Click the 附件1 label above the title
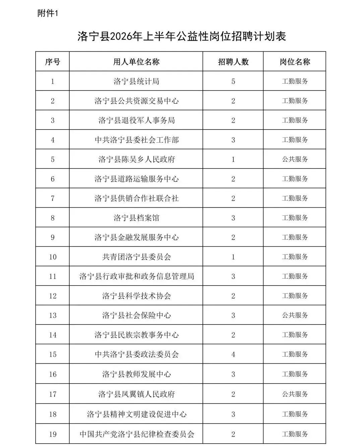(x=48, y=14)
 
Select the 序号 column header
(x=53, y=62)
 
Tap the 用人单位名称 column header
(x=136, y=62)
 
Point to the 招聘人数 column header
(x=233, y=62)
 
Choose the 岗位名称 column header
(x=295, y=62)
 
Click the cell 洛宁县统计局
(x=136, y=81)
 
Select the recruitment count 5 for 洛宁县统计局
(x=233, y=81)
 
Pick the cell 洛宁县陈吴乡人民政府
(x=136, y=159)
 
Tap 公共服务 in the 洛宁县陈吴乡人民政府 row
(x=295, y=159)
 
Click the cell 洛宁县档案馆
(x=136, y=218)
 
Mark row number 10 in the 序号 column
(x=53, y=257)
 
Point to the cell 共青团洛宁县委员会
(x=136, y=257)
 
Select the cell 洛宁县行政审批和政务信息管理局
(x=136, y=277)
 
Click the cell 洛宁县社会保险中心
(x=136, y=315)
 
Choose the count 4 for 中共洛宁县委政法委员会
(x=233, y=354)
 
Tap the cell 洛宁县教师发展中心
(x=136, y=374)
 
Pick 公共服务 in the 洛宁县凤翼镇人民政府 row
(x=295, y=394)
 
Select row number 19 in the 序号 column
(x=53, y=434)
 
